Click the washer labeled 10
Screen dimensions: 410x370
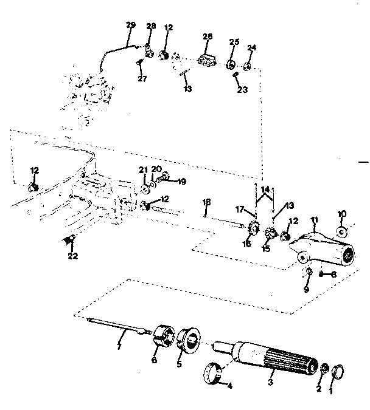(341, 231)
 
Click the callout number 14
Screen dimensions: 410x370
(265, 190)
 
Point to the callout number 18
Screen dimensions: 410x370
(206, 202)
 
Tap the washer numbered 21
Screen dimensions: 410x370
(144, 190)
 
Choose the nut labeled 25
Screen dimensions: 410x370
(231, 65)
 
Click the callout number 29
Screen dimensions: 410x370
(130, 25)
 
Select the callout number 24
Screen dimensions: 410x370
(251, 47)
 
